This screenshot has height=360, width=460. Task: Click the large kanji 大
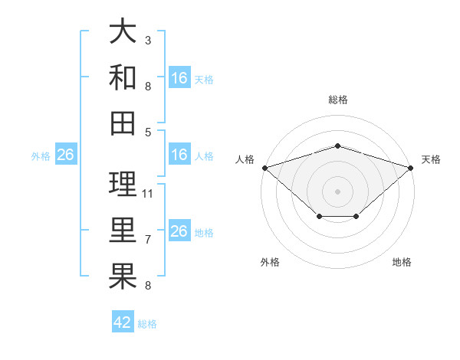pyautogui.click(x=123, y=31)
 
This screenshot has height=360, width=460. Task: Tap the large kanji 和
pyautogui.click(x=123, y=77)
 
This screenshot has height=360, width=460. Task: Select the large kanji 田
pyautogui.click(x=123, y=123)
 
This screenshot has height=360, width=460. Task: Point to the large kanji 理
pyautogui.click(x=123, y=184)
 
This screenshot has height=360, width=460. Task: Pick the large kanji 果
pyautogui.click(x=123, y=276)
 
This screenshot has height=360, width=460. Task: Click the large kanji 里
pyautogui.click(x=123, y=230)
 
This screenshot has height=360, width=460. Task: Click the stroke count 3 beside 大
pyautogui.click(x=148, y=41)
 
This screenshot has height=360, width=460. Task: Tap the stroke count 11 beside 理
pyautogui.click(x=147, y=194)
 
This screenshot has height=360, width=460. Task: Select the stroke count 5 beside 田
pyautogui.click(x=148, y=133)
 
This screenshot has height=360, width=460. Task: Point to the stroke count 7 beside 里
pyautogui.click(x=148, y=240)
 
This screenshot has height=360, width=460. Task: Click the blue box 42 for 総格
pyautogui.click(x=123, y=321)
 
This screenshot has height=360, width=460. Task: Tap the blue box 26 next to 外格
pyautogui.click(x=66, y=154)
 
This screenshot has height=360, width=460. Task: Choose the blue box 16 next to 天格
pyautogui.click(x=179, y=77)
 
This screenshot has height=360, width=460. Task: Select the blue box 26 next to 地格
pyautogui.click(x=179, y=230)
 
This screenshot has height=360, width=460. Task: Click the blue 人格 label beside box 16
pyautogui.click(x=204, y=156)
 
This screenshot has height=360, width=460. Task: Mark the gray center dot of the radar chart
pyautogui.click(x=337, y=191)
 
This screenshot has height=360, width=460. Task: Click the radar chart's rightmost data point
pyautogui.click(x=411, y=168)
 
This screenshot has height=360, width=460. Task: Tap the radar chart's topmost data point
pyautogui.click(x=337, y=146)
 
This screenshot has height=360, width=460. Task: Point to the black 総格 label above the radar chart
pyautogui.click(x=338, y=100)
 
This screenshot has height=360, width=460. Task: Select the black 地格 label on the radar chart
pyautogui.click(x=402, y=262)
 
